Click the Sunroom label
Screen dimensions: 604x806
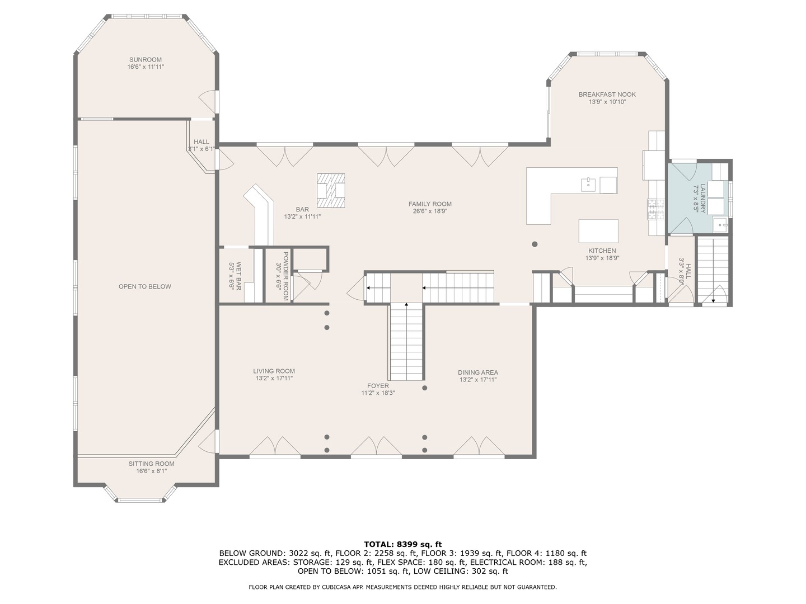click(x=145, y=60)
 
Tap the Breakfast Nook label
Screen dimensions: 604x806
click(x=607, y=95)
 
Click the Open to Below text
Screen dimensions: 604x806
click(x=144, y=286)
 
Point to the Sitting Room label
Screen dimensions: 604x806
click(x=151, y=464)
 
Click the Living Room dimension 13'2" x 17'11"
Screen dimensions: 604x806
click(x=274, y=379)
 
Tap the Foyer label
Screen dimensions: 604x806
click(x=378, y=385)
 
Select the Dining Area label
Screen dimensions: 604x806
click(x=477, y=372)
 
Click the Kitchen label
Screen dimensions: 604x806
click(x=602, y=251)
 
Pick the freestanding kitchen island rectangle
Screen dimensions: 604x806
click(x=598, y=230)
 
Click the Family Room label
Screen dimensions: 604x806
click(x=429, y=204)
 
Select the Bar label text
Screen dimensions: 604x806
click(x=302, y=209)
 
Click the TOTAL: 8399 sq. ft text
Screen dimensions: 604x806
click(x=402, y=544)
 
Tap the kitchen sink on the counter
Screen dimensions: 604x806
click(x=588, y=183)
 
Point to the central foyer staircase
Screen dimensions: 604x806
click(x=406, y=341)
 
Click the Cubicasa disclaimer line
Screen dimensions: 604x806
click(x=402, y=587)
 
